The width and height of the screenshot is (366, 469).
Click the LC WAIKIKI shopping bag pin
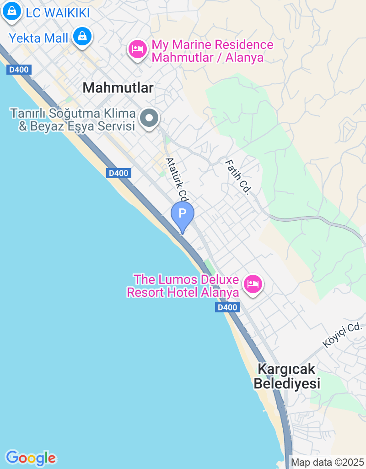tap(12, 11)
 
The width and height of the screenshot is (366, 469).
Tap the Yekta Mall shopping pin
tap(83, 36)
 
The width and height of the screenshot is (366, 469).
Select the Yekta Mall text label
tap(38, 38)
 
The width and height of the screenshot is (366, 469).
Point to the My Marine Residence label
tap(212, 51)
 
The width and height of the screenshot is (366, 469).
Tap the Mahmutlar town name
tap(118, 88)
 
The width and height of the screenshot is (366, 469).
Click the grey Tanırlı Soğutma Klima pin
tap(149, 118)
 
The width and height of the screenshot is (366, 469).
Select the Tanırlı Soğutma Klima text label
tap(73, 120)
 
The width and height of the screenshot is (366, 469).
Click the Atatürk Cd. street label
tap(178, 180)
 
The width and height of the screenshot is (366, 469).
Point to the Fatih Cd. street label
tap(237, 177)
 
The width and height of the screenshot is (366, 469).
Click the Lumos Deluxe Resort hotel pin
tap(253, 284)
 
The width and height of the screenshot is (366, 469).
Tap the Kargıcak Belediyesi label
tap(287, 376)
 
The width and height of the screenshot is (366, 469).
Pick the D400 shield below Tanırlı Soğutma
tap(119, 173)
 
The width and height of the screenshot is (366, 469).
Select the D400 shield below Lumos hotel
tap(227, 307)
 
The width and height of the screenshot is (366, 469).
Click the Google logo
tap(31, 458)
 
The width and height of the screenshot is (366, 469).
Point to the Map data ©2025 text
tap(328, 462)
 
